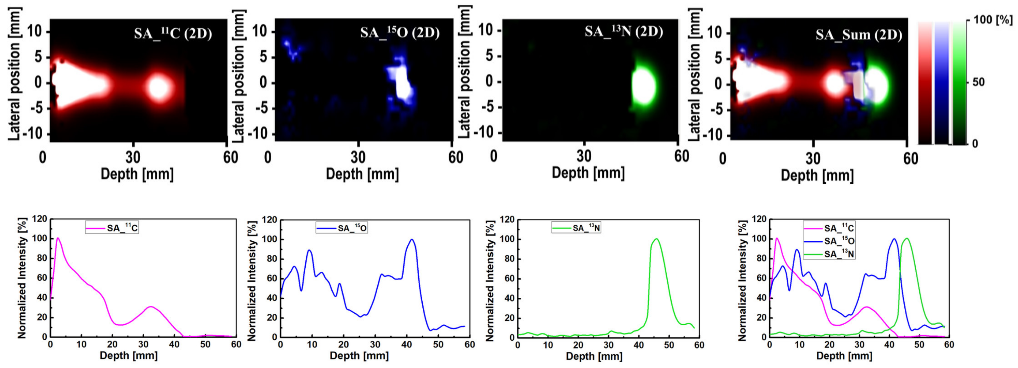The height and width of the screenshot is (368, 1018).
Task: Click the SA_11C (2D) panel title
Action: click(173, 33)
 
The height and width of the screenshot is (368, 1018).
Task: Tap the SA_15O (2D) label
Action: click(399, 32)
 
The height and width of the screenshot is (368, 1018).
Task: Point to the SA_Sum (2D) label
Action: click(859, 35)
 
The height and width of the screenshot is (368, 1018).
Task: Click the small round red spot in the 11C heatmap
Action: click(159, 88)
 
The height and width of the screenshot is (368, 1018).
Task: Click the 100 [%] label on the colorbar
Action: click(992, 20)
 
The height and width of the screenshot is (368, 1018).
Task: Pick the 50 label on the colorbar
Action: click(978, 83)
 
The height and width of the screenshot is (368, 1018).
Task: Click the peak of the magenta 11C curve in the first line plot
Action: click(58, 238)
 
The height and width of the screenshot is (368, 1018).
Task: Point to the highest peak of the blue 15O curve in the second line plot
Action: click(412, 240)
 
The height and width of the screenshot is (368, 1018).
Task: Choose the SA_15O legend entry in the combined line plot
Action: click(839, 241)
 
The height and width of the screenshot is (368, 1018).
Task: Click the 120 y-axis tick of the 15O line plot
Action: click(270, 220)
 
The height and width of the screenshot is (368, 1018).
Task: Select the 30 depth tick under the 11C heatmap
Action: click(133, 158)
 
